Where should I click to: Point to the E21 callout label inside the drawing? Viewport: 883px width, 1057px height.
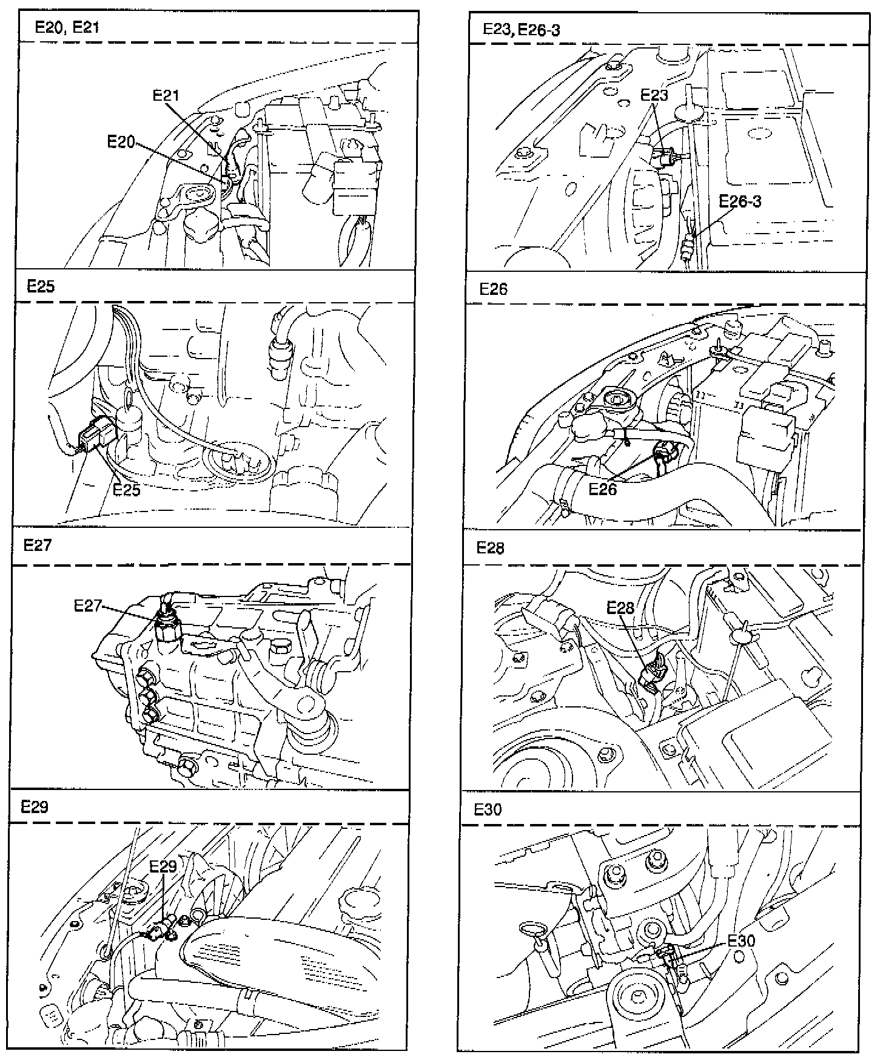(x=166, y=95)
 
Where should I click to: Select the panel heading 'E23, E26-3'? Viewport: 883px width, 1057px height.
(x=521, y=30)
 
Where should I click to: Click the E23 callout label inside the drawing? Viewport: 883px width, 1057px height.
(x=654, y=95)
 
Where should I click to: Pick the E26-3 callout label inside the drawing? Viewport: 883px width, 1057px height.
(x=740, y=201)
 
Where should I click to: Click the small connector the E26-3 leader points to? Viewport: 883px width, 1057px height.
(x=688, y=248)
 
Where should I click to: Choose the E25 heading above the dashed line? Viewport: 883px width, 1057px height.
(x=41, y=286)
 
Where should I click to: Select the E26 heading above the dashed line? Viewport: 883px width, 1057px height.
(x=493, y=289)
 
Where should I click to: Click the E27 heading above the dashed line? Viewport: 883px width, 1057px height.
(x=38, y=545)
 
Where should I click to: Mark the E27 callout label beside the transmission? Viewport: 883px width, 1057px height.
(x=88, y=605)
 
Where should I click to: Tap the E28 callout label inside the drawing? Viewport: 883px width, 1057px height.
(x=620, y=607)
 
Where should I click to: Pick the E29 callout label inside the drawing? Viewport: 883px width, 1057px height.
(x=163, y=866)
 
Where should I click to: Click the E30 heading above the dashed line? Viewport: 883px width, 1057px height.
(x=488, y=810)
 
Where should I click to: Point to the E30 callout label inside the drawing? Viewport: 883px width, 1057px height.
(x=741, y=940)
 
